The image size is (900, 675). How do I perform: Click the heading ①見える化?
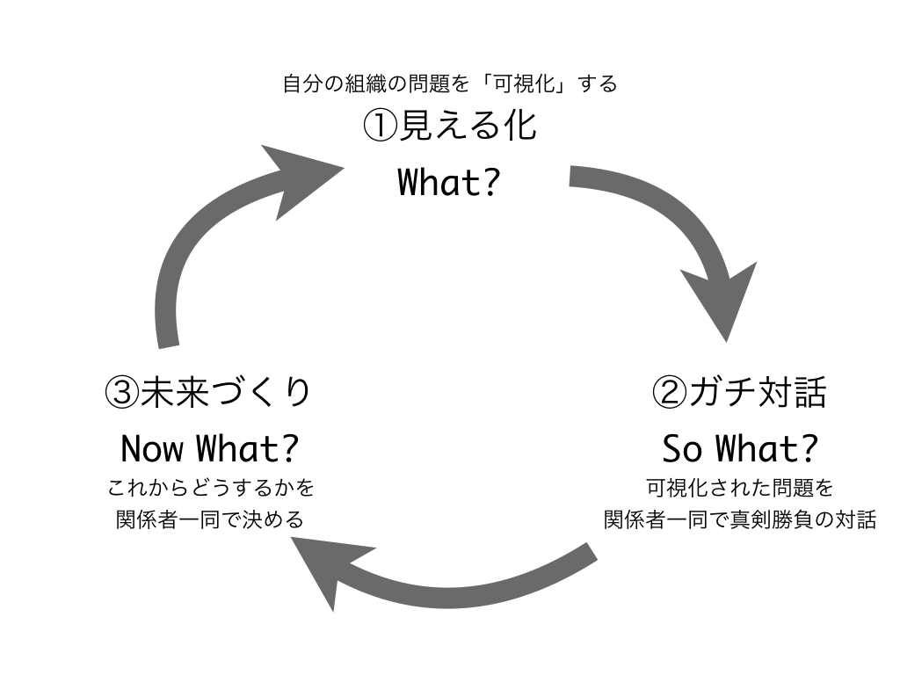click(450, 126)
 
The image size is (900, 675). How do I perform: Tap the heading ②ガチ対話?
click(739, 393)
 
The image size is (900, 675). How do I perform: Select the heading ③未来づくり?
click(207, 393)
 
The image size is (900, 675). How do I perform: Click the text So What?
click(740, 448)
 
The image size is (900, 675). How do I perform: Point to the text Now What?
click(209, 448)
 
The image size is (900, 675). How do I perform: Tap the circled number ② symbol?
click(669, 393)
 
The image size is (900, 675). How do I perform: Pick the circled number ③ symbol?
click(121, 393)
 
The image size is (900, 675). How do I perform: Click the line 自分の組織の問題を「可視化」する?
click(450, 83)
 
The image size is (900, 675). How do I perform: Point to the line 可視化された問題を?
click(740, 488)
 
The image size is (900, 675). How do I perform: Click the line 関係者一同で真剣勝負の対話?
click(740, 519)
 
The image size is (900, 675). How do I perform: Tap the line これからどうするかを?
click(211, 488)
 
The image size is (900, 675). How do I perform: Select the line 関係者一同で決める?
click(209, 519)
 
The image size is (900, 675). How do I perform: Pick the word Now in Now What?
click(153, 448)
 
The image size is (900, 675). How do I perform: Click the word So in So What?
click(682, 448)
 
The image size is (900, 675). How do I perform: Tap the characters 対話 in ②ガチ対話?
click(793, 393)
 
